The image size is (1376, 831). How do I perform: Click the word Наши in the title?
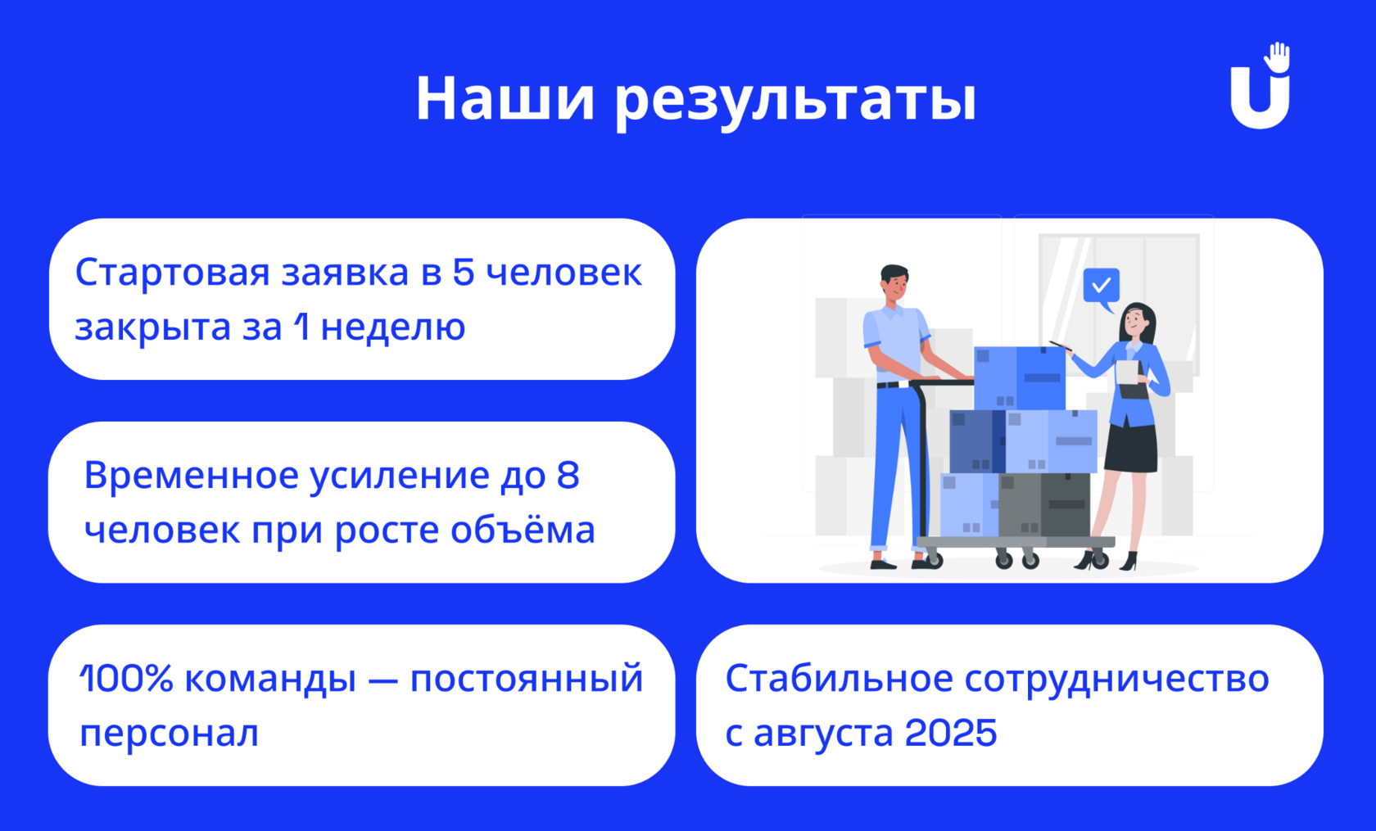[505, 98]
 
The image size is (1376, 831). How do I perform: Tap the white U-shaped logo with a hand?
[1261, 86]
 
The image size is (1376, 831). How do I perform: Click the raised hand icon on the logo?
[1277, 57]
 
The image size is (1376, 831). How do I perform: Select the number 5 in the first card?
[464, 272]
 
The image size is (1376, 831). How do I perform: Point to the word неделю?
[393, 327]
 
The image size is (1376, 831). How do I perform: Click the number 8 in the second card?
[568, 475]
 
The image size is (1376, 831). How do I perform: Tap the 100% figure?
[126, 679]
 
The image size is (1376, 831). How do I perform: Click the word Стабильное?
[840, 679]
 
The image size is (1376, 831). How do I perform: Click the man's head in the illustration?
[894, 283]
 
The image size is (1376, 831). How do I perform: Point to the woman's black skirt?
[1131, 447]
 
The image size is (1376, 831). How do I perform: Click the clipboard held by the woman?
[1130, 380]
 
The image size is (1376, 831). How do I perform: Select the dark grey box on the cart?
[1044, 504]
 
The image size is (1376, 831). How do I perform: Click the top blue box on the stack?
[1020, 378]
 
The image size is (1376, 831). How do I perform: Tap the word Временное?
[192, 475]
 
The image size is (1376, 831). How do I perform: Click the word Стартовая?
[173, 272]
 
